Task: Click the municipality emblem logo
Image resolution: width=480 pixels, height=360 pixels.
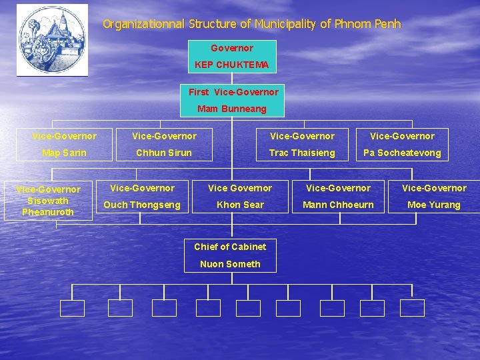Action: (x=52, y=40)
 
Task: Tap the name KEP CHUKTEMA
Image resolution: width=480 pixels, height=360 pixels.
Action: (x=231, y=65)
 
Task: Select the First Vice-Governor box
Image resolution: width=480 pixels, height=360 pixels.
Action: (x=233, y=99)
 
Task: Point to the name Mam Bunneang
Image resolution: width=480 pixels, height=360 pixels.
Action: (x=231, y=109)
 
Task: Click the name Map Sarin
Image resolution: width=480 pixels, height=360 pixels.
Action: (x=64, y=153)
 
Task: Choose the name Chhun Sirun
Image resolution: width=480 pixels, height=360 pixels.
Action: (x=164, y=153)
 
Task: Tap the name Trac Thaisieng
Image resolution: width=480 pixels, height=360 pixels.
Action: (x=302, y=153)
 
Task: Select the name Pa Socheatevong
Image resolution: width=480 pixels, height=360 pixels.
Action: (x=402, y=153)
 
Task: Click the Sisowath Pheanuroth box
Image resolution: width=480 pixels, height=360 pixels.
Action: (x=48, y=201)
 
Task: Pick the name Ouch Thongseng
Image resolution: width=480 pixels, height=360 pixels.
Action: (x=141, y=205)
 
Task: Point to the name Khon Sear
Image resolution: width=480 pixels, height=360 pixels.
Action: (x=240, y=205)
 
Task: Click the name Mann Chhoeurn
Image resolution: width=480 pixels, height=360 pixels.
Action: (x=339, y=205)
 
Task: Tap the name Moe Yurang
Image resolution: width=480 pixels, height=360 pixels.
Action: (x=433, y=205)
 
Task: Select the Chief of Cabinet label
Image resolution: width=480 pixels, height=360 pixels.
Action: (x=230, y=247)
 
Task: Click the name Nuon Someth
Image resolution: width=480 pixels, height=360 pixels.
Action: (x=230, y=264)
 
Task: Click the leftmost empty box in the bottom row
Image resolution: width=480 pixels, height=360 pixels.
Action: (x=72, y=308)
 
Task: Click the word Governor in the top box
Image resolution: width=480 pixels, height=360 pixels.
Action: (x=231, y=48)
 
